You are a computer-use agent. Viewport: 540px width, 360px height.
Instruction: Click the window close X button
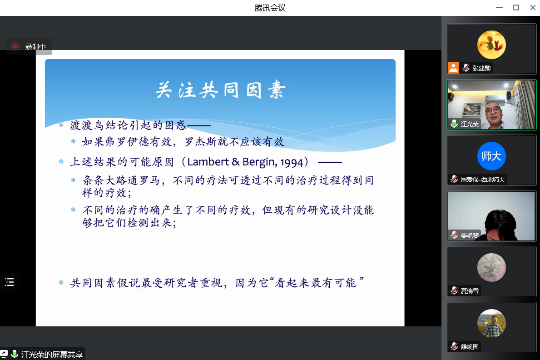tap(533, 7)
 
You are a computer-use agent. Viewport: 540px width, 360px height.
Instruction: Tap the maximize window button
tap(516, 7)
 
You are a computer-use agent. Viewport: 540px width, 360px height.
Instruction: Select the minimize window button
tap(500, 7)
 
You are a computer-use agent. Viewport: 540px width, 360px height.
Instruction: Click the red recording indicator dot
tap(15, 46)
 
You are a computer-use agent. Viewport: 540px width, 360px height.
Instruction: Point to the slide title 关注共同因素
tap(220, 90)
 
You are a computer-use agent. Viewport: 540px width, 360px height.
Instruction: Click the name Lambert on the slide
tap(208, 162)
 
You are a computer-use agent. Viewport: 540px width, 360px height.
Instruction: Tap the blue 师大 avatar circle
tap(491, 156)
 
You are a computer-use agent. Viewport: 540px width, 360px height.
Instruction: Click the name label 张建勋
tap(481, 68)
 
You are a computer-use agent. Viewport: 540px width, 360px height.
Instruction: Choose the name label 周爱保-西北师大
tap(482, 180)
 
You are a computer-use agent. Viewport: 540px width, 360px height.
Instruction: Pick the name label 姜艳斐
tap(470, 235)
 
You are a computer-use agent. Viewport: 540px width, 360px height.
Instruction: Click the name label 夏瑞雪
tap(470, 291)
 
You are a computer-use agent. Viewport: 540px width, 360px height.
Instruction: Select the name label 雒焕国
tap(470, 347)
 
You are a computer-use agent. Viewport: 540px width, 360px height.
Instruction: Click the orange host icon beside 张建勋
tap(453, 68)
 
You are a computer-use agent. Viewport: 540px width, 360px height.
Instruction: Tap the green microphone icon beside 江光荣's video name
tap(454, 124)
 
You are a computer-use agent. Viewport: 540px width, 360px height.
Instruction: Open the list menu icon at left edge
tap(9, 282)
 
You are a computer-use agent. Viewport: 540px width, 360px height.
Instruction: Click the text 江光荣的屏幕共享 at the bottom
tap(52, 355)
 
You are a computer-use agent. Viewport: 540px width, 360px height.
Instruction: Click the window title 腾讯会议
tap(270, 8)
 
